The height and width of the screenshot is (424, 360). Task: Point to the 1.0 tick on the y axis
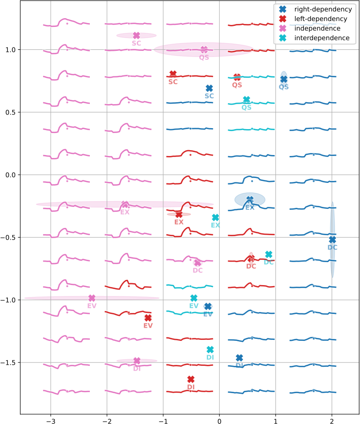pos(10,49)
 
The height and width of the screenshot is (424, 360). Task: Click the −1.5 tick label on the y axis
pos(8,362)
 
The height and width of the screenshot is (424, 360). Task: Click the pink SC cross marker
pos(136,35)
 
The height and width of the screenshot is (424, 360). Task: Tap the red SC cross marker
pos(173,74)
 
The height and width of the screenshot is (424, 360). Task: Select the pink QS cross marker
pos(204,49)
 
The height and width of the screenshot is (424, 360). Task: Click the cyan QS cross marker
pos(247,100)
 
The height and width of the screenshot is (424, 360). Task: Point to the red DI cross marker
pos(191,379)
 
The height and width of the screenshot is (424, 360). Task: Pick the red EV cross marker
pos(148,318)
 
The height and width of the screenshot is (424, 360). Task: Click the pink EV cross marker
pos(92,298)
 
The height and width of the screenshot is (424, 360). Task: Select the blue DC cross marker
pos(332,240)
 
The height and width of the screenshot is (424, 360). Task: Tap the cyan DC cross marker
pos(269,254)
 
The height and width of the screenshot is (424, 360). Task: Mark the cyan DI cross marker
pos(210,350)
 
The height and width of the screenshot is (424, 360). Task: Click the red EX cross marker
pos(179,214)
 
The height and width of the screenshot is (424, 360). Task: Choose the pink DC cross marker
pos(197,263)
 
